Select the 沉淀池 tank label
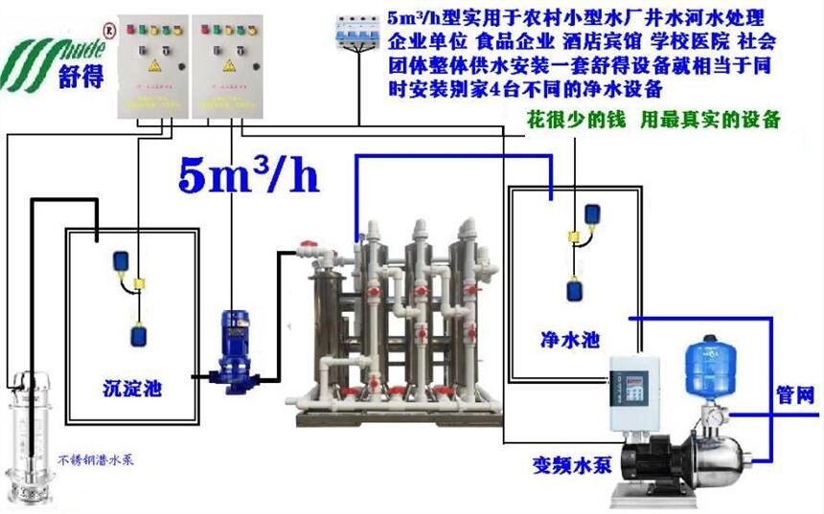(131, 389)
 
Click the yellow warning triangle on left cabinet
(153, 66)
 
